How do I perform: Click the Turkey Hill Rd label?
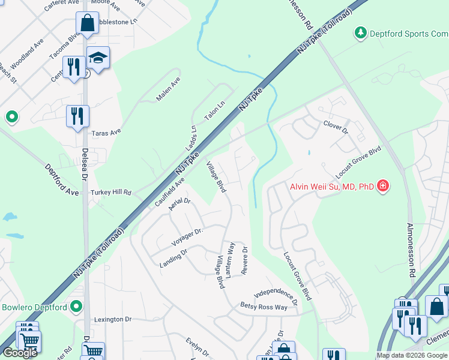click(110, 193)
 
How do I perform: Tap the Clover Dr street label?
click(336, 126)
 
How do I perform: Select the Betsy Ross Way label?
click(263, 307)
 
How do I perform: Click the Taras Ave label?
click(106, 131)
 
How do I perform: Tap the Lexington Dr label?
click(112, 319)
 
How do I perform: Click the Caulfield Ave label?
click(169, 190)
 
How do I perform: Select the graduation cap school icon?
click(98, 58)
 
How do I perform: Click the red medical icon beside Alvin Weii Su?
click(382, 186)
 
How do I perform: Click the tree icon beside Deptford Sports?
click(360, 32)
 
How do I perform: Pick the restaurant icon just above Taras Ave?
click(77, 116)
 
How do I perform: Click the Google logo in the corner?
click(20, 353)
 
